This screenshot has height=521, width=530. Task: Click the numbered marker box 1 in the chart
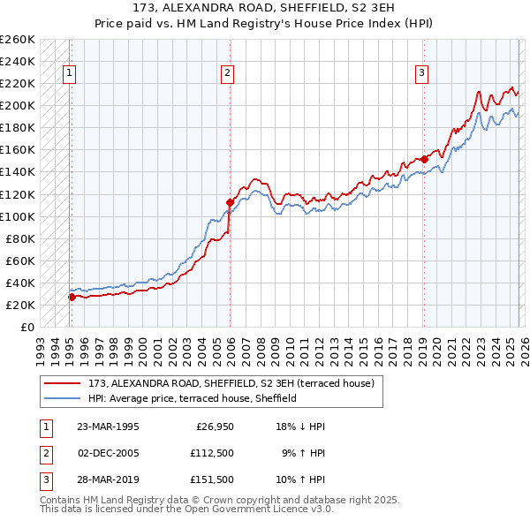point(69,73)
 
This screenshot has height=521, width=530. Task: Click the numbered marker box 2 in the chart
point(227,73)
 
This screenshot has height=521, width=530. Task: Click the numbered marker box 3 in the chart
point(422,73)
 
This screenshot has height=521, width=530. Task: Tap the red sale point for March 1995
point(72,297)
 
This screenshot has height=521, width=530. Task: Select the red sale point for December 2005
point(230,202)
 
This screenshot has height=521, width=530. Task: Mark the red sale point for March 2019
point(424,159)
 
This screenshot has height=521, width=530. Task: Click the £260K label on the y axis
point(18,40)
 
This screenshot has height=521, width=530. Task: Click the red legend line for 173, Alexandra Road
point(62,383)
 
